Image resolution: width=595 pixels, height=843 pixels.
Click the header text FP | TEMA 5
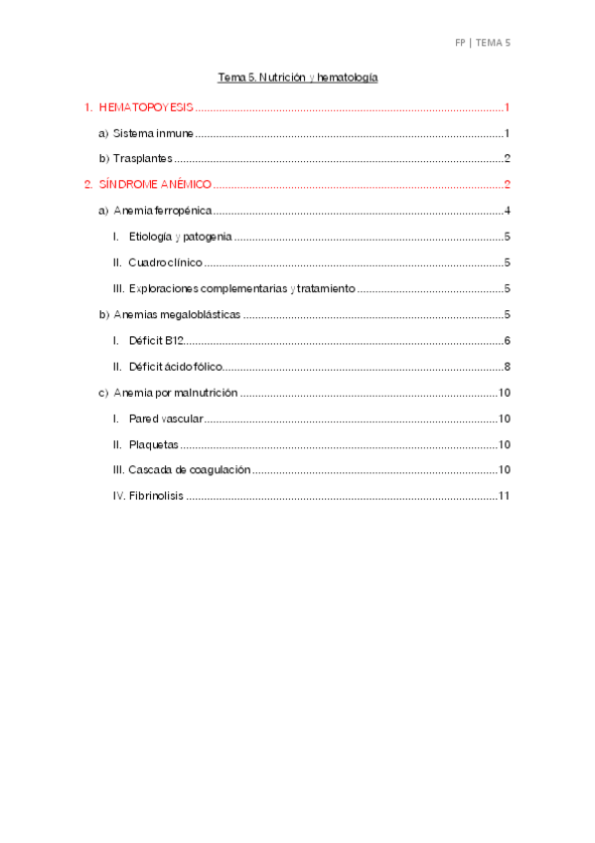pyautogui.click(x=482, y=43)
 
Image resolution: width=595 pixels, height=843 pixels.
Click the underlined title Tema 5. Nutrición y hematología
pyautogui.click(x=298, y=77)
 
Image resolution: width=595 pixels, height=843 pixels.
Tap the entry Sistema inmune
pyautogui.click(x=153, y=133)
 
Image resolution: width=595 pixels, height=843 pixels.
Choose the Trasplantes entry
pyautogui.click(x=143, y=159)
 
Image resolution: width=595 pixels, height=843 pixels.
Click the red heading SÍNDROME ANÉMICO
pyautogui.click(x=155, y=185)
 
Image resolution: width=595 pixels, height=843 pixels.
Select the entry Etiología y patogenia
pyautogui.click(x=181, y=237)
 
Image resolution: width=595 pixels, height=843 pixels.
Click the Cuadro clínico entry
pyautogui.click(x=165, y=262)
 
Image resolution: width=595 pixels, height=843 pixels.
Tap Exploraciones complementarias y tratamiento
pyautogui.click(x=241, y=289)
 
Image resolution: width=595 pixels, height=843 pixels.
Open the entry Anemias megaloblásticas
pyautogui.click(x=178, y=315)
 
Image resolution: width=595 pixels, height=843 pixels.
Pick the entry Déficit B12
pyautogui.click(x=156, y=341)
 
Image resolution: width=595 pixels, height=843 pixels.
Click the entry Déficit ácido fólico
pyautogui.click(x=175, y=367)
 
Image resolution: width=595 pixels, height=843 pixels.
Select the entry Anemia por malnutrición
pyautogui.click(x=176, y=393)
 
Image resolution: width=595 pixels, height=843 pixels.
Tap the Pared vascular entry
pyautogui.click(x=166, y=419)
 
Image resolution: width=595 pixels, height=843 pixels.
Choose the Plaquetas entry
pyautogui.click(x=154, y=444)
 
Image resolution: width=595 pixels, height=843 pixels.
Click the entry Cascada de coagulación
pyautogui.click(x=189, y=470)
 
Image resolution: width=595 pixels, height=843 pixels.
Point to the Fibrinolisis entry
pyautogui.click(x=156, y=496)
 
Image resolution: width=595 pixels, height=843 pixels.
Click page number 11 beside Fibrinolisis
pyautogui.click(x=504, y=496)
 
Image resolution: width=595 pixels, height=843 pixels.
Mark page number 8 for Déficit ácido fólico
pyautogui.click(x=507, y=367)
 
